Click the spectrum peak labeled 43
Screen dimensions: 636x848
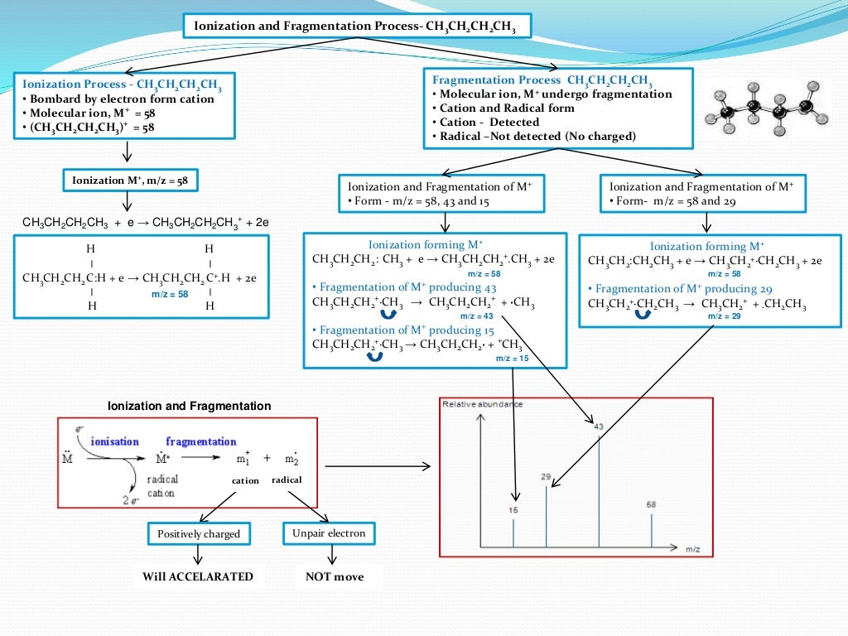[x=599, y=489]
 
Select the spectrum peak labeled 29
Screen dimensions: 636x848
[x=546, y=513]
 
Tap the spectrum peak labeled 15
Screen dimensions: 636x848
[x=513, y=530]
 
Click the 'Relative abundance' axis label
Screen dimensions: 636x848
[x=482, y=404]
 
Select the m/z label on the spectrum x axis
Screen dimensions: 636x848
[x=693, y=548]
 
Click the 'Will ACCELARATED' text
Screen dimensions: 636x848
[x=198, y=576]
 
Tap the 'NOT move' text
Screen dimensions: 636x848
[x=334, y=576]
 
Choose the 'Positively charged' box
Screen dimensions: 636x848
[x=199, y=534]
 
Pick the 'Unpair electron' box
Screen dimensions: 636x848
[x=329, y=533]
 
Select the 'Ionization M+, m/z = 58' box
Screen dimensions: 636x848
[x=130, y=181]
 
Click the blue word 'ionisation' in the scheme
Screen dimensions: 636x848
[x=114, y=441]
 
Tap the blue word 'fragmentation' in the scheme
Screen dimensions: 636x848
[x=200, y=441]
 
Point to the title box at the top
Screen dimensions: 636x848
[x=355, y=26]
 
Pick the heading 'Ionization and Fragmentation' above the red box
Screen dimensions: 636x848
[x=190, y=406]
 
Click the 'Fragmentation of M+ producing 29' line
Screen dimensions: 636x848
[x=683, y=288]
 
